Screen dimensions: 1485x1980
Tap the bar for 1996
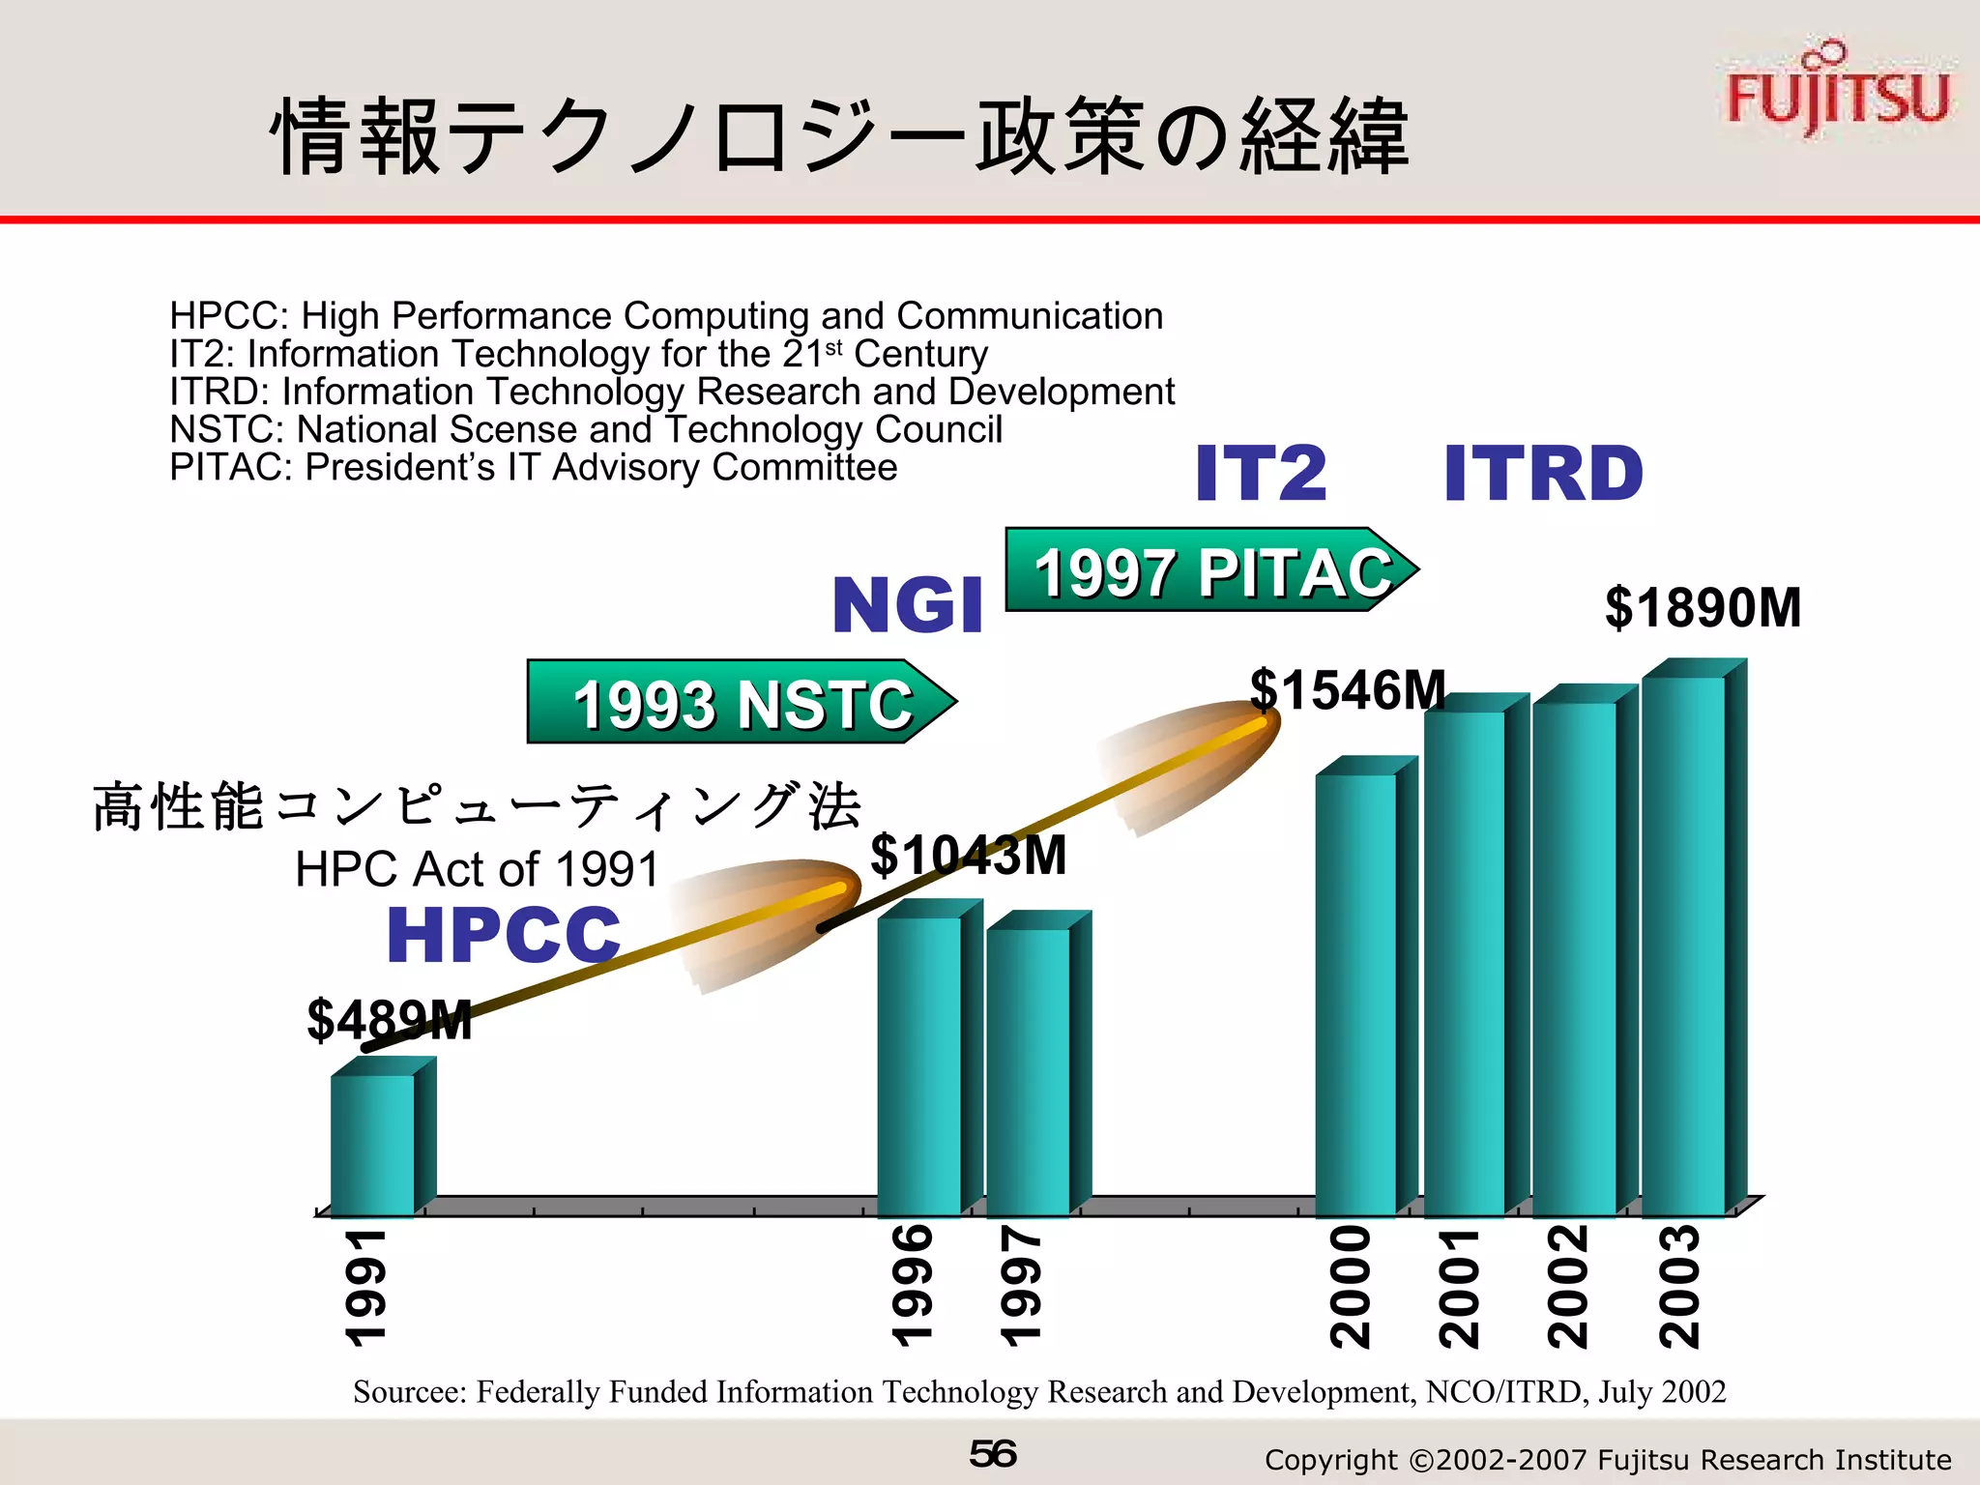(x=919, y=1063)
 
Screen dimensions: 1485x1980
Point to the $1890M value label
(x=1703, y=608)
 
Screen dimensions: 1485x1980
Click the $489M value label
(x=390, y=1020)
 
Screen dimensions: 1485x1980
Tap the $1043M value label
(x=968, y=856)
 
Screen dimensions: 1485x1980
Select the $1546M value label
(x=1348, y=690)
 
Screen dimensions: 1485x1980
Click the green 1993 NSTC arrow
(x=740, y=702)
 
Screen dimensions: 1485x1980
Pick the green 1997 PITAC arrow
(x=1209, y=570)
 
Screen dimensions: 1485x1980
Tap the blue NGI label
(x=907, y=606)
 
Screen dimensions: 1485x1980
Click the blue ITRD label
(x=1543, y=474)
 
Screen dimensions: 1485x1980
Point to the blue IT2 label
(x=1261, y=474)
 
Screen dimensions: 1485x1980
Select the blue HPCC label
(x=503, y=935)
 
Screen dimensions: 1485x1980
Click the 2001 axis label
(x=1459, y=1288)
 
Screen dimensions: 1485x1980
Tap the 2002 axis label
(x=1568, y=1288)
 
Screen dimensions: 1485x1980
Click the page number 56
(x=992, y=1454)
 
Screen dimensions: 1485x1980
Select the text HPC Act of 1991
(x=477, y=869)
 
